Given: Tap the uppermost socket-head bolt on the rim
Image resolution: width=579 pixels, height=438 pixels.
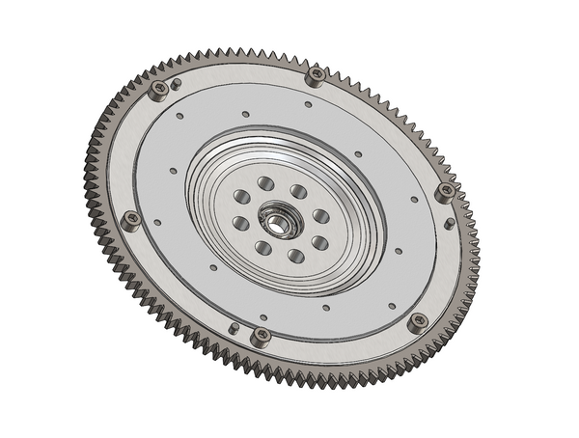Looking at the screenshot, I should (315, 74).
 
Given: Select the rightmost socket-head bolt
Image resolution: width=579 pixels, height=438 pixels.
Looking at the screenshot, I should (445, 191).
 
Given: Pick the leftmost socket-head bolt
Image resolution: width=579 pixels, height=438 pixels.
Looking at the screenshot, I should (131, 219).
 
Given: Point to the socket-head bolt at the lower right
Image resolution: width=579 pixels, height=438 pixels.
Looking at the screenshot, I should (418, 321).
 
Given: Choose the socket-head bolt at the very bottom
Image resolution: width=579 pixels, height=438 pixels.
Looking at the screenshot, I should (261, 336).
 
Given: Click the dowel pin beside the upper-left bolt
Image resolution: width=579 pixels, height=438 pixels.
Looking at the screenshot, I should (177, 84).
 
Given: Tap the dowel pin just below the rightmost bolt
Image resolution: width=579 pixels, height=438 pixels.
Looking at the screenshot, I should (450, 224).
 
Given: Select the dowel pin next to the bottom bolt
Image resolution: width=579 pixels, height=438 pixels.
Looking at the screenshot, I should (234, 327).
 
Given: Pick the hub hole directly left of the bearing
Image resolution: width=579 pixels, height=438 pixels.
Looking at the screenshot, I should (241, 224).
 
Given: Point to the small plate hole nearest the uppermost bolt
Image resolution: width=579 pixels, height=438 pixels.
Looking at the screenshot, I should (308, 104).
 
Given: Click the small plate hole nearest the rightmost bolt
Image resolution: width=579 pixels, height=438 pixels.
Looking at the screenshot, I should (414, 200).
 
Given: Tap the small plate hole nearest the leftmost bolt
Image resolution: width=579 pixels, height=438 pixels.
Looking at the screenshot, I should (158, 222).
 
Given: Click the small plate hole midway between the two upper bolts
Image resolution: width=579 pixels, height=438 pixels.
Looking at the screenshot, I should (246, 114).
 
